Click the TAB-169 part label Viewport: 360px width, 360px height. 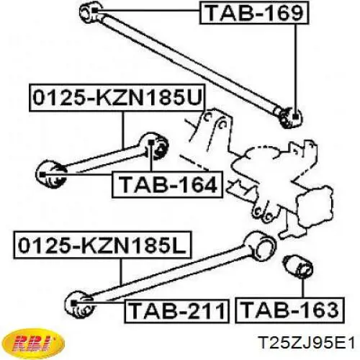pyautogui.click(x=254, y=13)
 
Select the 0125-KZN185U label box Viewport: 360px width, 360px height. pyautogui.click(x=117, y=98)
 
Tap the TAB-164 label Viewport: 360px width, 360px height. pyautogui.click(x=168, y=184)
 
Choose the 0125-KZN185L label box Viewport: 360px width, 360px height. pyautogui.click(x=103, y=245)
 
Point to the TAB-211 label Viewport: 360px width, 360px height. pyautogui.click(x=176, y=311)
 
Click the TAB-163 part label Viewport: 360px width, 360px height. pyautogui.click(x=290, y=310)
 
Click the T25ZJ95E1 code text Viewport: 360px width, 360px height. pyautogui.click(x=307, y=343)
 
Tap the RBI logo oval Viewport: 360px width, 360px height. pyautogui.click(x=35, y=343)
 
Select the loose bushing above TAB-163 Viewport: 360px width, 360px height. pyautogui.click(x=297, y=269)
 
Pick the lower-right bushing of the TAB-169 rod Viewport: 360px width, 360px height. pyautogui.click(x=291, y=117)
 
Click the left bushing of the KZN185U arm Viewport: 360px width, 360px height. pyautogui.click(x=51, y=174)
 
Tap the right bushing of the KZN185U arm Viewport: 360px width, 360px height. pyautogui.click(x=155, y=146)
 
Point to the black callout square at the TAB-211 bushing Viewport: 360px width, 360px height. pyautogui.click(x=73, y=303)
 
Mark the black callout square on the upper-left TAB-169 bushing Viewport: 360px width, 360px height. pyautogui.click(x=94, y=10)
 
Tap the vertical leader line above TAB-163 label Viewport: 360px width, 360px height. pyautogui.click(x=303, y=288)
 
